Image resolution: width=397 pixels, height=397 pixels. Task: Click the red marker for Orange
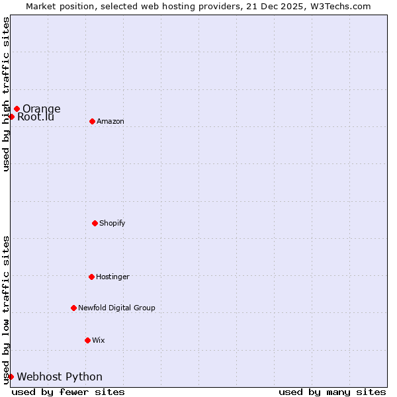click(x=17, y=109)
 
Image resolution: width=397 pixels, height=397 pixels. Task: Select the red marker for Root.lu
click(x=11, y=116)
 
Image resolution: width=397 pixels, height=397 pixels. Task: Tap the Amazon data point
click(x=92, y=121)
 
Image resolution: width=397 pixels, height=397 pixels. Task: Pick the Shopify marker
click(x=95, y=223)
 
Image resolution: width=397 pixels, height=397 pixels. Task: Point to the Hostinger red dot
click(x=91, y=277)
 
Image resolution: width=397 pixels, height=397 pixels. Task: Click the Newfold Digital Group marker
click(x=73, y=308)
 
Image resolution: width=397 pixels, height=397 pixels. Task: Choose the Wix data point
click(x=87, y=340)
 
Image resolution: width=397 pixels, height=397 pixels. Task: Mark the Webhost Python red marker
click(x=11, y=376)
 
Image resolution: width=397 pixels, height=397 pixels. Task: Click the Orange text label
click(x=42, y=109)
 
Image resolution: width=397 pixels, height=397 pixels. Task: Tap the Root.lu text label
click(x=36, y=117)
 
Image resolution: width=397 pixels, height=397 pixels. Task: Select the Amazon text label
click(x=110, y=121)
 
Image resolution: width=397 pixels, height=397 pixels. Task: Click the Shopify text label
click(x=112, y=223)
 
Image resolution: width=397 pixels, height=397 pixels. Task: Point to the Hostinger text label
click(x=113, y=277)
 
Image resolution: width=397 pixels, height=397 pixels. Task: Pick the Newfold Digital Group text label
click(x=117, y=308)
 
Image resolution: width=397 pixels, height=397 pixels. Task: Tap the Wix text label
click(x=99, y=340)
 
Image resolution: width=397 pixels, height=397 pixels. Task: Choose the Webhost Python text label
click(x=60, y=376)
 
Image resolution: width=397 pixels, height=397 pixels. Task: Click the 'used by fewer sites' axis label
click(x=68, y=392)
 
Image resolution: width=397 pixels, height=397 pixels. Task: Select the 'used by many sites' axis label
click(x=332, y=392)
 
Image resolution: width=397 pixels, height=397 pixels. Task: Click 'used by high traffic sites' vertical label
click(x=6, y=94)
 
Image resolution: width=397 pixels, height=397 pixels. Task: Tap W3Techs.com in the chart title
click(x=337, y=6)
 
